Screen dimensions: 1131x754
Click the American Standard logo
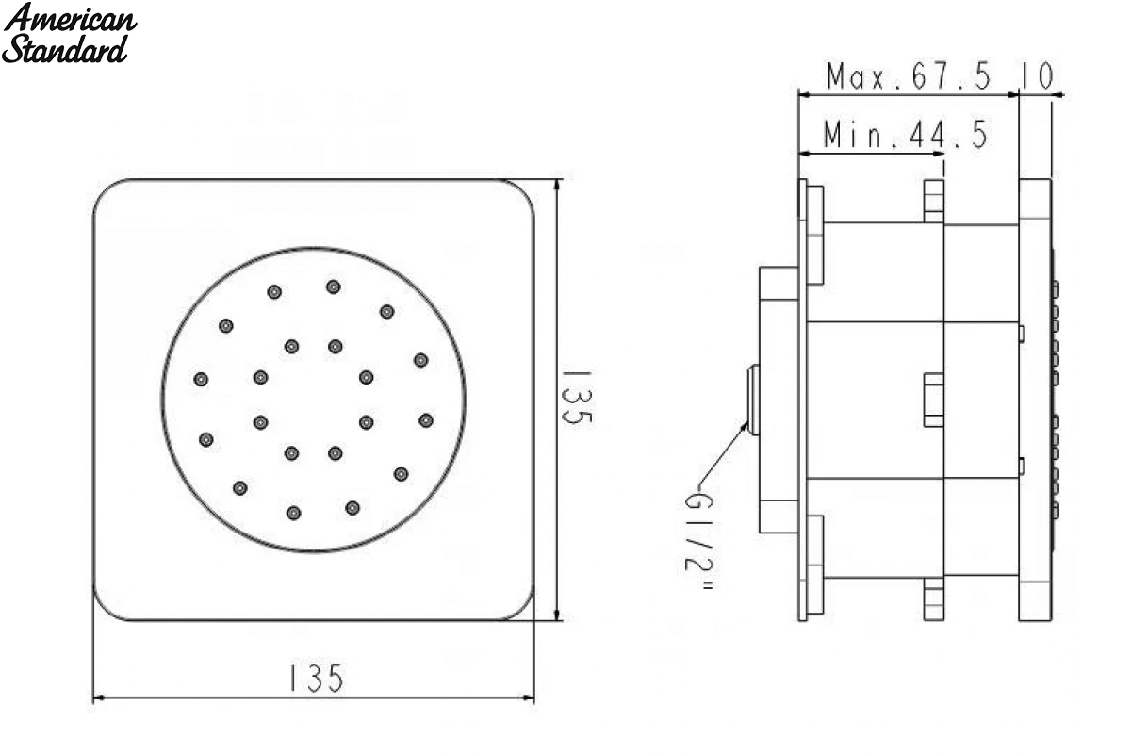69,33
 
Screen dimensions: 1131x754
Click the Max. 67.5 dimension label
909,76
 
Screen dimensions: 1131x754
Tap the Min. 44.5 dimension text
906,135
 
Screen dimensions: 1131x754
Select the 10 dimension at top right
1037,76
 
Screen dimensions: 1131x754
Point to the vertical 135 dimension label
577,399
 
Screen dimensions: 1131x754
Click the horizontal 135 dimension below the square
316,678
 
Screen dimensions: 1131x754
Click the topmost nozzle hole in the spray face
334,287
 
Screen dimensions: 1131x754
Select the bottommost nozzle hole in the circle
293,514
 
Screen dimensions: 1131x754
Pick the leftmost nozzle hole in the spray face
201,379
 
